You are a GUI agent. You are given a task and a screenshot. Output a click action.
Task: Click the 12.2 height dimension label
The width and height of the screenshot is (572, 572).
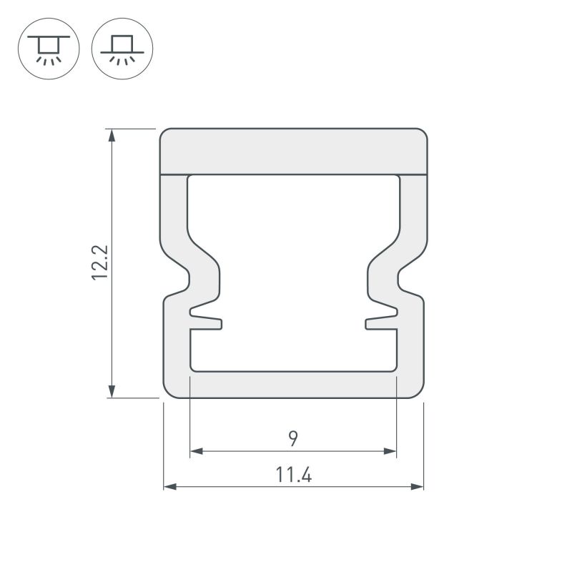click(x=100, y=262)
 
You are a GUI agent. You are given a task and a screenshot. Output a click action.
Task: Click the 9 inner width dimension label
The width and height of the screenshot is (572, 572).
click(x=293, y=438)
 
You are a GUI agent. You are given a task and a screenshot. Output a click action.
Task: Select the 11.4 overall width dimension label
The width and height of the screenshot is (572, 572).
click(x=294, y=475)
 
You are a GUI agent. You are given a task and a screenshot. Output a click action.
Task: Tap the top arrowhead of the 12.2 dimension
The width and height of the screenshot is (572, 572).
click(x=112, y=135)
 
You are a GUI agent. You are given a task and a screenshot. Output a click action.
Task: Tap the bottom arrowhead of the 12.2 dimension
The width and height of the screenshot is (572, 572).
click(x=112, y=391)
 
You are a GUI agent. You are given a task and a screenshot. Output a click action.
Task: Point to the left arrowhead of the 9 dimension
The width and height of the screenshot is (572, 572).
click(x=197, y=451)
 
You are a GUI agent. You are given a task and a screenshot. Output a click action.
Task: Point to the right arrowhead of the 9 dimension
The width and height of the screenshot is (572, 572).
click(x=390, y=451)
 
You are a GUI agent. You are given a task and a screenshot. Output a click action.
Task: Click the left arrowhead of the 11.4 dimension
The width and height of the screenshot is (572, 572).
click(x=170, y=486)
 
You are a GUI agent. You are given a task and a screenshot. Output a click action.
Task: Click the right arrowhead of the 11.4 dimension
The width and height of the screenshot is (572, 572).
click(x=417, y=486)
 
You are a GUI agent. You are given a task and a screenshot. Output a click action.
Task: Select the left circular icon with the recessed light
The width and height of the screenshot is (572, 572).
click(x=49, y=49)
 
